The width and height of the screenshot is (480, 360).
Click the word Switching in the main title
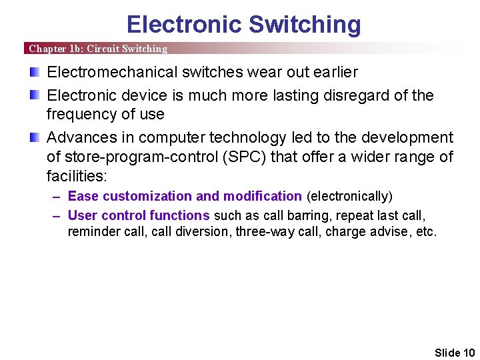coord(304,25)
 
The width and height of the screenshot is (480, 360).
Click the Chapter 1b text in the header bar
coord(55,49)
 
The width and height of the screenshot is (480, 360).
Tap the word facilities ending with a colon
coord(76,176)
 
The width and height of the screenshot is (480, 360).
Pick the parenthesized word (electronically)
coord(349,196)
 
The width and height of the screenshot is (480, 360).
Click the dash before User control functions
coord(57,215)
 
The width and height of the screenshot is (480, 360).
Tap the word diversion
coord(200,232)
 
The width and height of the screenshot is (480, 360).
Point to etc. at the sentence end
coord(426,232)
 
